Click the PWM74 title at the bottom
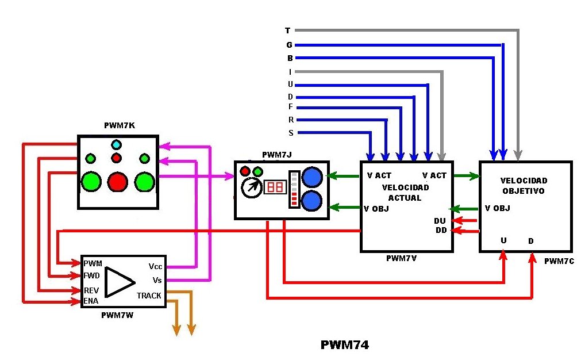coord(345,345)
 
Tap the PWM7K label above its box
coord(120,126)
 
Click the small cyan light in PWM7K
coord(116,144)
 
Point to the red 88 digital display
coord(275,187)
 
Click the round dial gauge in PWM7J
coord(252,187)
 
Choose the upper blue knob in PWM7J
coord(313,177)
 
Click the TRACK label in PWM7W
coord(149,296)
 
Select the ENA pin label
coord(91,301)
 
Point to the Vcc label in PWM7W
coord(155,267)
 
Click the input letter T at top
coord(288,30)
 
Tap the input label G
coord(290,45)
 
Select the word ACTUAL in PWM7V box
coord(405,197)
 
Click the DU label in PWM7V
coord(440,221)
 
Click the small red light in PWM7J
coord(245,171)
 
